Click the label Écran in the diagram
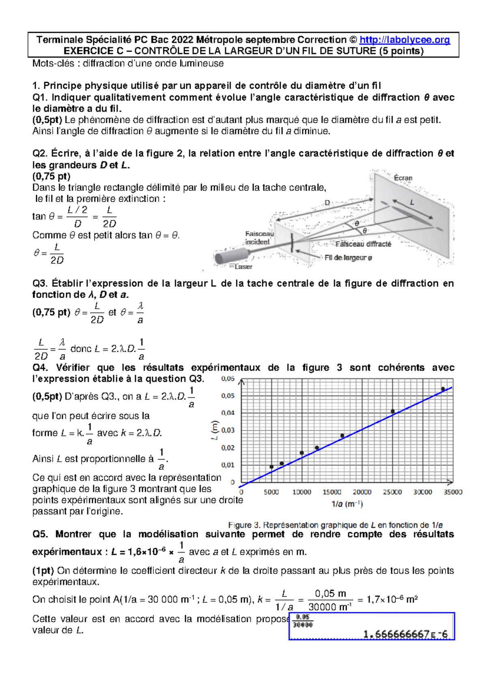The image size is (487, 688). coord(403,178)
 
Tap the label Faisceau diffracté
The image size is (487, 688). coord(363,244)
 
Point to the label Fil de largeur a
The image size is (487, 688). coord(348,258)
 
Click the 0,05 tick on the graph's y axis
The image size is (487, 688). coord(228,396)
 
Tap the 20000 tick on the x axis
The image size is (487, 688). coord(362,492)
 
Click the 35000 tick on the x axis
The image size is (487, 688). coord(453,492)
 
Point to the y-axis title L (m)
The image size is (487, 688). coord(215,430)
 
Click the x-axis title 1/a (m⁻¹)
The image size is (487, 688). coord(347,504)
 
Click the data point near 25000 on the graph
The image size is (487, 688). coord(392,411)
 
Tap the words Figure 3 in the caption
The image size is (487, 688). coord(244,525)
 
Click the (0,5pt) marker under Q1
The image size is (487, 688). coord(47,120)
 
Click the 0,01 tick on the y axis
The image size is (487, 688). coord(228,465)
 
